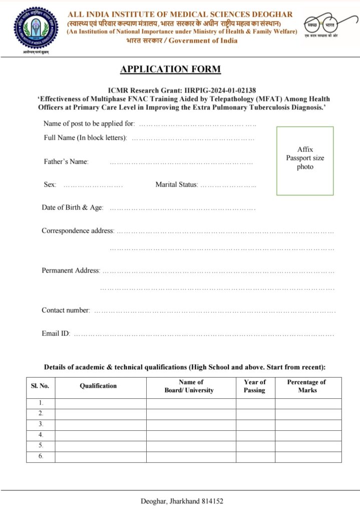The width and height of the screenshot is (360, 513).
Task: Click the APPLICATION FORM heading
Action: (170, 69)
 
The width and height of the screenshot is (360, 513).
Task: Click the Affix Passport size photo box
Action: (305, 160)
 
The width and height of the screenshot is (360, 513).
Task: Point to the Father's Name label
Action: (66, 161)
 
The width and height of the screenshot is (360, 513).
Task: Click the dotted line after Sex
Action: (93, 185)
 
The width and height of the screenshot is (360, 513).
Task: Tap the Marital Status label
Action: (177, 185)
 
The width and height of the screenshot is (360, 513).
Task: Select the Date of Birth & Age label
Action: (72, 207)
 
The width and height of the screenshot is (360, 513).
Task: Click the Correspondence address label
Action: (78, 231)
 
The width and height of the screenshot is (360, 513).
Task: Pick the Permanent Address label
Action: (71, 271)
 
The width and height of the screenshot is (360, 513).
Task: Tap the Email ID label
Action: (56, 333)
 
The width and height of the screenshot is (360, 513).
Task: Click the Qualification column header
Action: (98, 386)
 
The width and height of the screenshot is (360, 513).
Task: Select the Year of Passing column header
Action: (254, 386)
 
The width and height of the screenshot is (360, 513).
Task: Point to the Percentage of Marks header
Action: (306, 386)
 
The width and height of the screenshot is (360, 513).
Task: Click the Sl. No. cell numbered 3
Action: (41, 424)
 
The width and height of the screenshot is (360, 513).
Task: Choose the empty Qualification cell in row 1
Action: (100, 403)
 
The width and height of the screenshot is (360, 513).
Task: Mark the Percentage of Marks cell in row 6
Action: (308, 456)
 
